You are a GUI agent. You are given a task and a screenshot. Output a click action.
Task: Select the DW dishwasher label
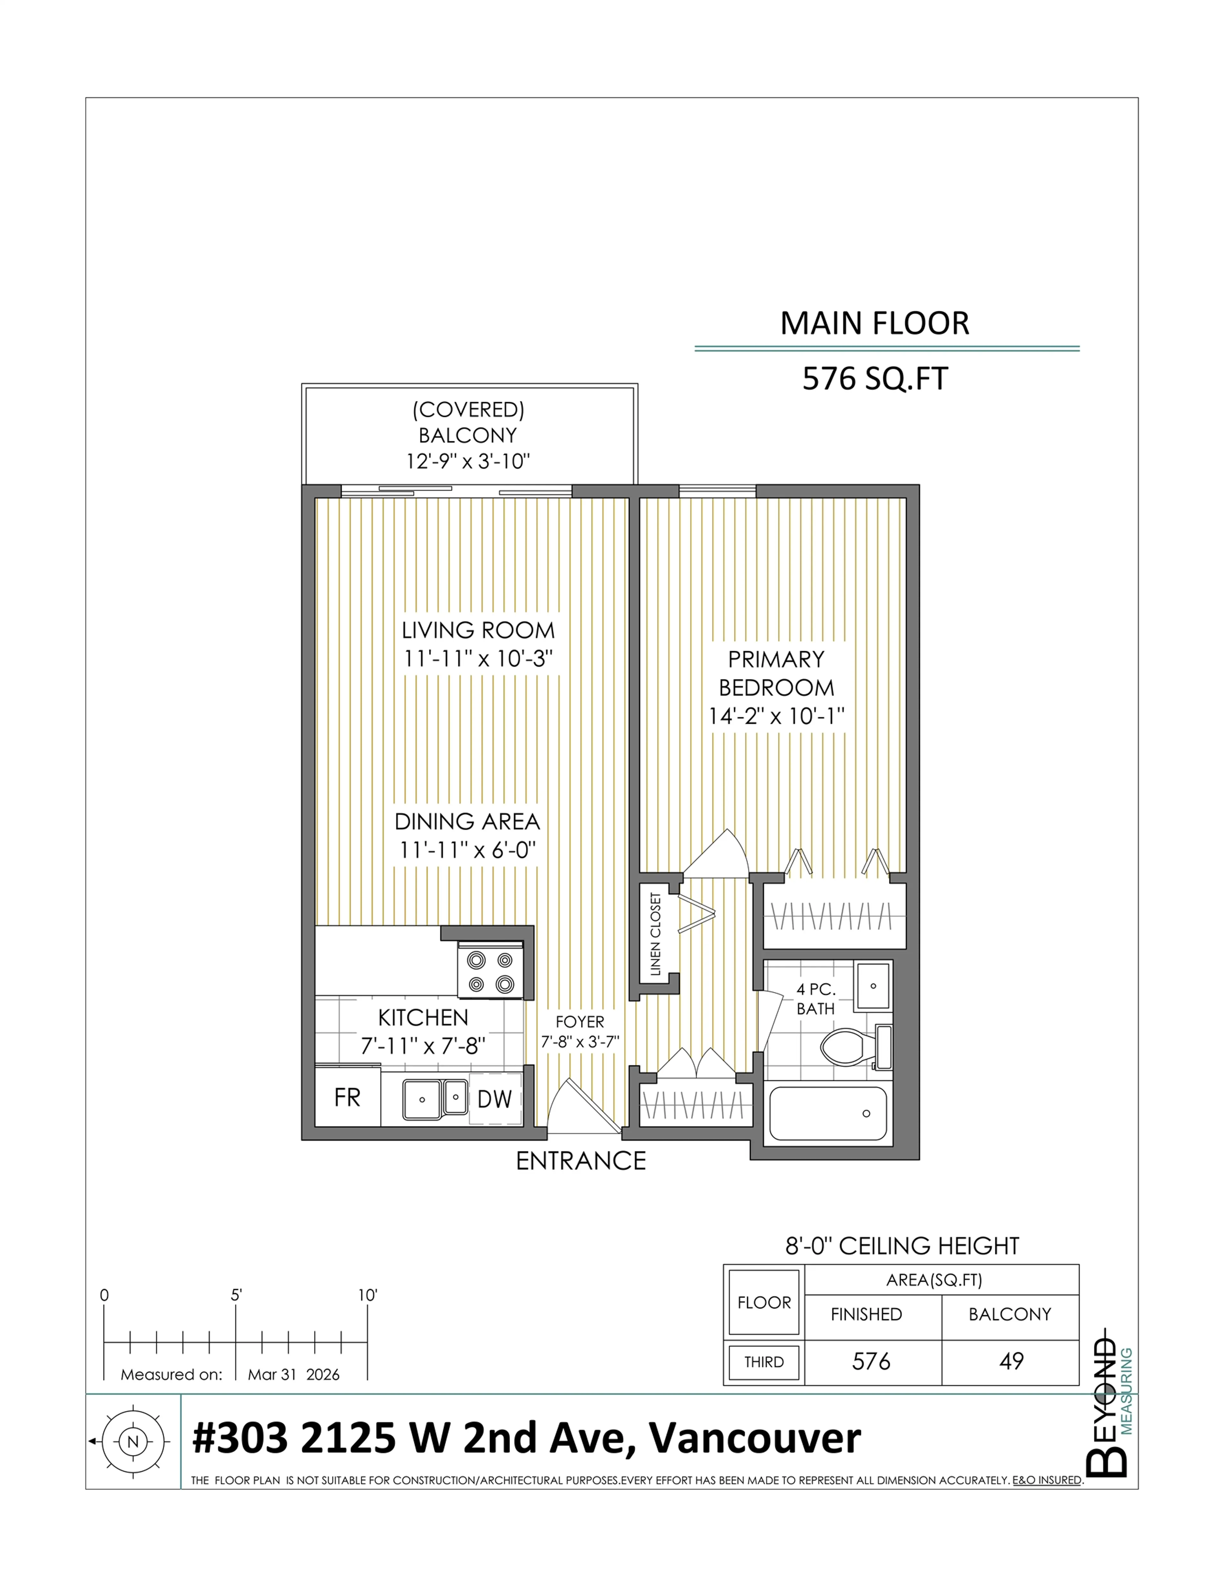coord(495,1099)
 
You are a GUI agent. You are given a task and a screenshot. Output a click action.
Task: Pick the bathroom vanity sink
coord(873,985)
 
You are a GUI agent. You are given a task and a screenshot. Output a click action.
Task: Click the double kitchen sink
coord(434,1099)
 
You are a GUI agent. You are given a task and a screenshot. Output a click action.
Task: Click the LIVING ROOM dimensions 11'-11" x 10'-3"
coord(478,659)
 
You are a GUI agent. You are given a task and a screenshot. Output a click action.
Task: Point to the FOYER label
coord(580,1021)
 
